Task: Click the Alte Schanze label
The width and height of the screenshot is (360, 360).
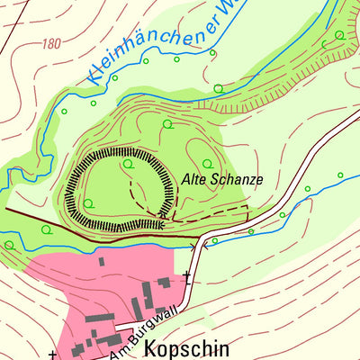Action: tap(222, 179)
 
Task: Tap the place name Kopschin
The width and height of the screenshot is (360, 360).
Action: tap(187, 348)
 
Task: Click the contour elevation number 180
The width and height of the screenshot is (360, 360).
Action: tap(50, 43)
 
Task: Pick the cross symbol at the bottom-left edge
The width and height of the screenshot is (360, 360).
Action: tap(52, 354)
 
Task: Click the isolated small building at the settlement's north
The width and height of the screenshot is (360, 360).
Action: tap(101, 261)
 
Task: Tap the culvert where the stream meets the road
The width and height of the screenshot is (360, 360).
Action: tap(203, 243)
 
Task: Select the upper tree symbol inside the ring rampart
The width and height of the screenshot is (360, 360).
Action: tap(128, 164)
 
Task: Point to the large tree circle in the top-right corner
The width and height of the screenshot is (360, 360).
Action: tap(339, 35)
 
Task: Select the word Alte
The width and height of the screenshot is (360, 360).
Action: tap(194, 179)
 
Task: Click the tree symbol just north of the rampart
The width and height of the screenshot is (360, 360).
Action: tap(167, 124)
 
